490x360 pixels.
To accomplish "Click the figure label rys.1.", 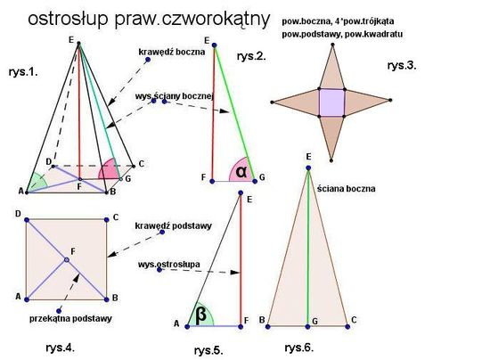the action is [23, 72].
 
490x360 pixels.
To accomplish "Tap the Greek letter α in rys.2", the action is [241, 172].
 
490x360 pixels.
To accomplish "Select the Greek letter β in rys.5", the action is [200, 315].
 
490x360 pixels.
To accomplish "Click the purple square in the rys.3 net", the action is [332, 102].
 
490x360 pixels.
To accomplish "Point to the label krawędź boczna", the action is [172, 52].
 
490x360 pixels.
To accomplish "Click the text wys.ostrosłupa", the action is [169, 265].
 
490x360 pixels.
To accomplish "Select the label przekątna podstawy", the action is [70, 319].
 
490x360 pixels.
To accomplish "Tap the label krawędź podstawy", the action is [174, 225].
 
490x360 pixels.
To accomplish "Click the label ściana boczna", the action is [347, 189].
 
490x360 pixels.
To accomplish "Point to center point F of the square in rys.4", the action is [66, 259].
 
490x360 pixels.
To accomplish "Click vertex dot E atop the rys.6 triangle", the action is [308, 168].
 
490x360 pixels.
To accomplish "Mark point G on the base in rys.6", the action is [308, 326].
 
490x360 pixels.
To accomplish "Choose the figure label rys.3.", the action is [402, 66].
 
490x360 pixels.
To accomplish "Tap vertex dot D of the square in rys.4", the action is [27, 220].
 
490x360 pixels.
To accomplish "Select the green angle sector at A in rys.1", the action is [37, 182].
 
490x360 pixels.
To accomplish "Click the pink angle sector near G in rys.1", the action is [110, 169].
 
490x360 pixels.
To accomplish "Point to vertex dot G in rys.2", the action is [255, 181].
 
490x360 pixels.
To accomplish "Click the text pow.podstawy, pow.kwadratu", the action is [342, 34].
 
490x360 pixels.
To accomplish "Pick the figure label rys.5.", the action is [208, 350].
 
